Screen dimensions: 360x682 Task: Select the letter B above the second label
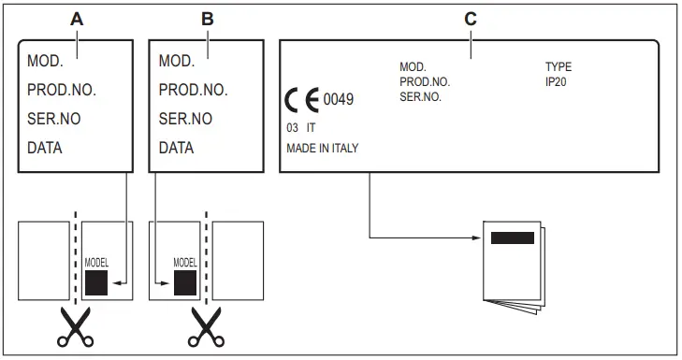coord(208,19)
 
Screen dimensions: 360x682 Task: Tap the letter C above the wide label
coord(471,19)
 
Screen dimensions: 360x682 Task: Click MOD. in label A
coord(46,62)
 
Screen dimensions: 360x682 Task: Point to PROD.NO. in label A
coord(62,91)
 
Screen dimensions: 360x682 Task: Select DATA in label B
coord(177,148)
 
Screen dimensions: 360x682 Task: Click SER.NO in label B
coord(185,119)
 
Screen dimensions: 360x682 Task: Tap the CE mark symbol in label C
coord(302,98)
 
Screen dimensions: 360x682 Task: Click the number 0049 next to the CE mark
coord(339,98)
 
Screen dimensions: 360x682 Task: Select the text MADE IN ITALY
coord(323,149)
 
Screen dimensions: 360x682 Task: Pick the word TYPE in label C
coord(559,67)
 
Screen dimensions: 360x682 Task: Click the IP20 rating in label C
coord(557,81)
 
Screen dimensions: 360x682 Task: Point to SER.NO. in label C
coord(420,95)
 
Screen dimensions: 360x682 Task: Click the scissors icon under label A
coord(75,327)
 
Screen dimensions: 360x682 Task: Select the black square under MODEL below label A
coord(96,282)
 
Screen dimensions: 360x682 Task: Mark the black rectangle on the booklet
coord(513,237)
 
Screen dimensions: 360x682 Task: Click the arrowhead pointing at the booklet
coord(474,237)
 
